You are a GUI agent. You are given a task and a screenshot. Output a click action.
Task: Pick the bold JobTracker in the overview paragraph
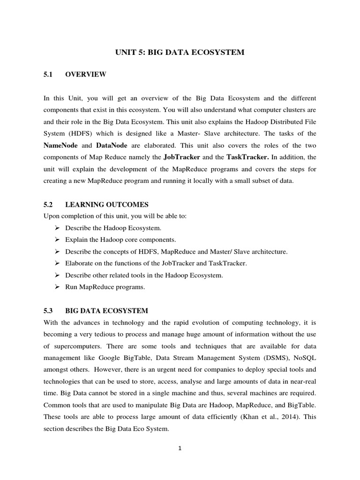pyautogui.click(x=182, y=157)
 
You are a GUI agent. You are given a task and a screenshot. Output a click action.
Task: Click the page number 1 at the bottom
pyautogui.click(x=180, y=448)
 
